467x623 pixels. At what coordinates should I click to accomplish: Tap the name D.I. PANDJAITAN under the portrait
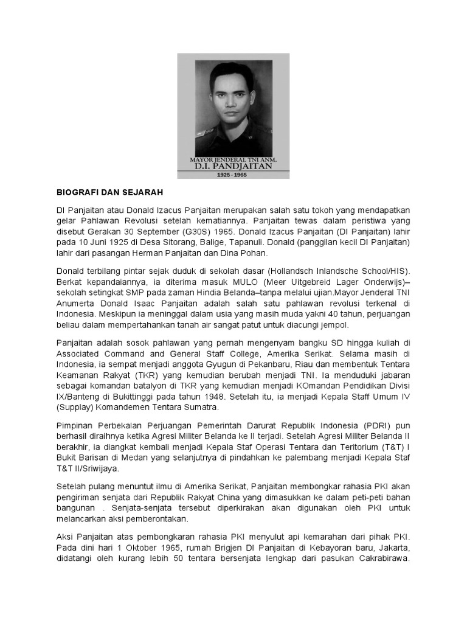click(233, 165)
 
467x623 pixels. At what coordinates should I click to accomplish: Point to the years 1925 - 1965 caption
click(233, 174)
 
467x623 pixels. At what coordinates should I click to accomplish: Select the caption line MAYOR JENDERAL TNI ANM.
click(233, 157)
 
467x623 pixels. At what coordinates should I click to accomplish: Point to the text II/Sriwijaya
click(95, 469)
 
